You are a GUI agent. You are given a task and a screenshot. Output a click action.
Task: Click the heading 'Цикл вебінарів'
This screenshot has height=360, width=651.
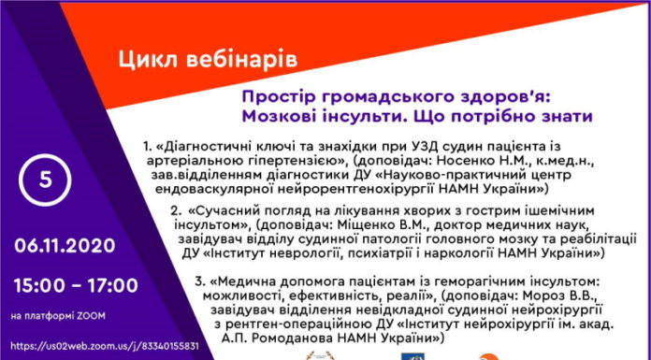[x=209, y=61]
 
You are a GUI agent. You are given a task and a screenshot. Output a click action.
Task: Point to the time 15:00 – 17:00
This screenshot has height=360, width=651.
[x=74, y=282]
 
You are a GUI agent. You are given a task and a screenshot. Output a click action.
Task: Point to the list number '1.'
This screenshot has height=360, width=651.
[x=149, y=147]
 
